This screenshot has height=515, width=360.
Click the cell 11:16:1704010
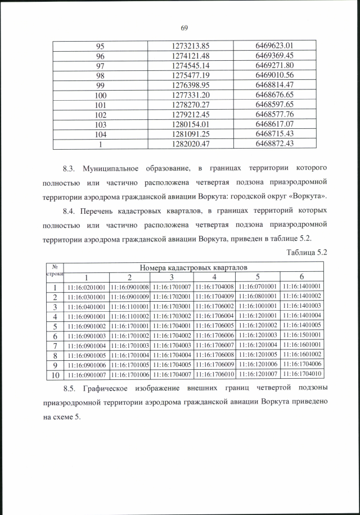coord(301,374)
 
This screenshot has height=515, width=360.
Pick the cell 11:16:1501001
coord(301,335)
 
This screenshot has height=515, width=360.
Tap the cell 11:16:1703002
coord(173,316)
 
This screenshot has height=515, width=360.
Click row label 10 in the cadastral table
coord(55,374)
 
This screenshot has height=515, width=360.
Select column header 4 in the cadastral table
coord(215,277)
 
